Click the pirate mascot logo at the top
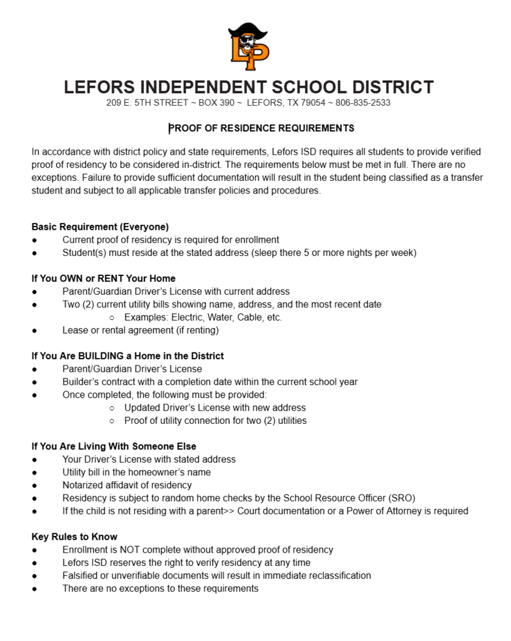pyautogui.click(x=248, y=47)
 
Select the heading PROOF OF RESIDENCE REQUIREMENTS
pyautogui.click(x=261, y=128)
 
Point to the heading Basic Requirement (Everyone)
pyautogui.click(x=100, y=227)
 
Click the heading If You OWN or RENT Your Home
pyautogui.click(x=103, y=279)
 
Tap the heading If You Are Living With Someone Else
pyautogui.click(x=114, y=446)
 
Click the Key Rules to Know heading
pyautogui.click(x=74, y=536)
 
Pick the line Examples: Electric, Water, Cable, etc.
pyautogui.click(x=203, y=317)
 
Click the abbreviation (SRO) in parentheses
pyautogui.click(x=401, y=498)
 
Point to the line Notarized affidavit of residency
pyautogui.click(x=127, y=485)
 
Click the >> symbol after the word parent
pyautogui.click(x=229, y=511)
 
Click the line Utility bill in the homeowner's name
pyautogui.click(x=136, y=472)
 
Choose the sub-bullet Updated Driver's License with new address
pyautogui.click(x=215, y=408)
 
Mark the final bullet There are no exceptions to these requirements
pyautogui.click(x=160, y=588)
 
